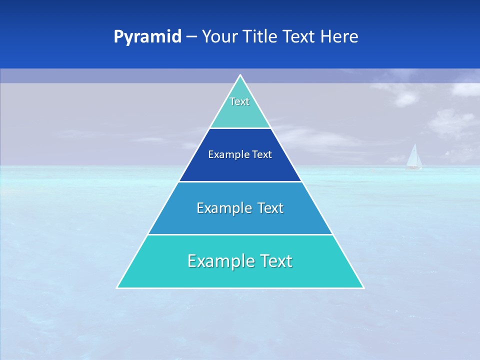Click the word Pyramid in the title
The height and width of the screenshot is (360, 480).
click(x=147, y=37)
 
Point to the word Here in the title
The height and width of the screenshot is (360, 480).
click(x=340, y=37)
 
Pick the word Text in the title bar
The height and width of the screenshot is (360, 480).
click(x=300, y=37)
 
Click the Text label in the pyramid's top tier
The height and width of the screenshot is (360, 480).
click(x=239, y=101)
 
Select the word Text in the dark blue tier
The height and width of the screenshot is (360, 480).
click(x=262, y=155)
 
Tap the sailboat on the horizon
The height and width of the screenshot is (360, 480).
click(x=413, y=156)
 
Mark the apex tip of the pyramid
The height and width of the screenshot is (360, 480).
click(x=240, y=75)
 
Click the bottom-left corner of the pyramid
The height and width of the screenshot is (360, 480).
click(x=117, y=287)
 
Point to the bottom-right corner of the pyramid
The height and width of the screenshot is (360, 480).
click(x=363, y=287)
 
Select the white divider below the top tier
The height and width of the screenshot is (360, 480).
click(x=240, y=128)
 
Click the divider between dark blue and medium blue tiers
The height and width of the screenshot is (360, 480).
click(x=240, y=181)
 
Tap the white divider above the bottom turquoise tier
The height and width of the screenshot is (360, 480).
click(x=240, y=234)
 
